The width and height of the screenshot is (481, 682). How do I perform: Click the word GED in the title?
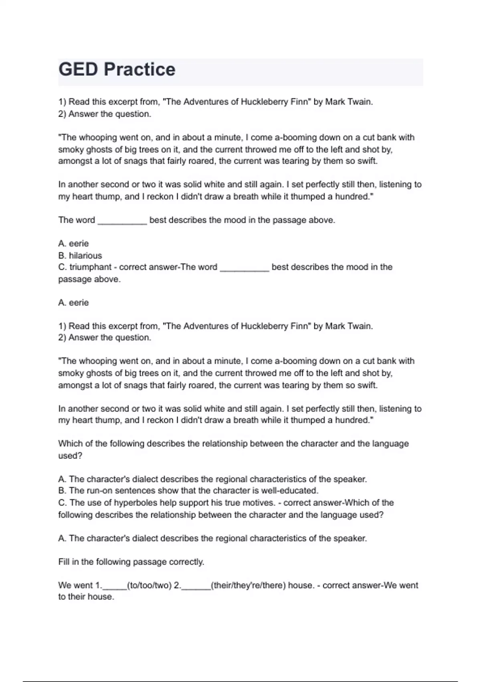78,69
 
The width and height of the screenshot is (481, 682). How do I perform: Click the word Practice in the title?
139,69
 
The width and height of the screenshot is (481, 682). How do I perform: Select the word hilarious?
85,256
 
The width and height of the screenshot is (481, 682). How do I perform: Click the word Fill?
64,562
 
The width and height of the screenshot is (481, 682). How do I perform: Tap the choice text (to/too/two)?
149,585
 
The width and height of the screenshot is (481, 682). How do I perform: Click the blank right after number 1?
115,587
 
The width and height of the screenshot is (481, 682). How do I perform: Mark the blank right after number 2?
196,587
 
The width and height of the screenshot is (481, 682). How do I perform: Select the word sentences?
136,491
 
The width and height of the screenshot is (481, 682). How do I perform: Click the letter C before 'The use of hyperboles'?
62,503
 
